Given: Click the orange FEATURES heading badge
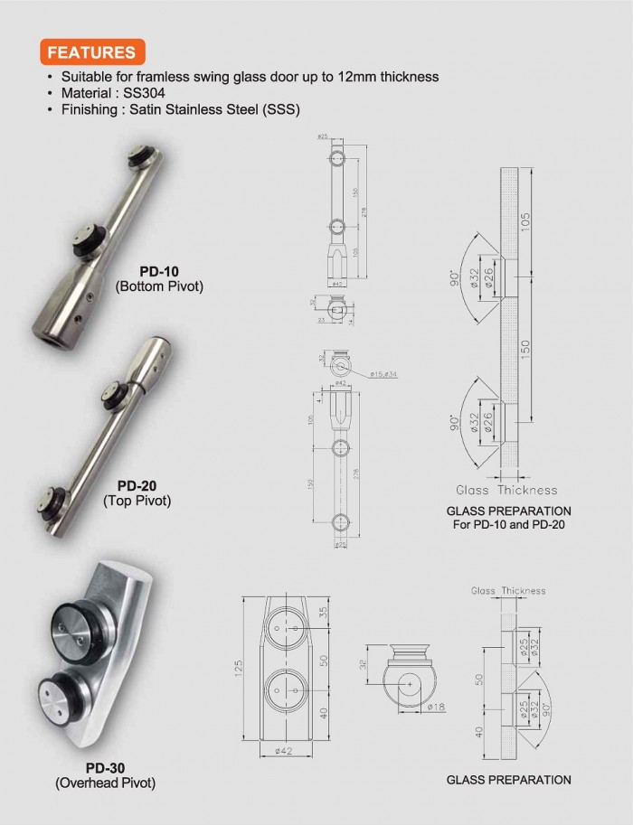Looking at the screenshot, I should tap(90, 52).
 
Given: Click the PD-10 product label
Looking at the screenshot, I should tap(159, 271).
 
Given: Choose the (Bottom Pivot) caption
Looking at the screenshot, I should tap(159, 286).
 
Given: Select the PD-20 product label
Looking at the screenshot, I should tap(137, 485).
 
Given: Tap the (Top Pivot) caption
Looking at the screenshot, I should tap(137, 501).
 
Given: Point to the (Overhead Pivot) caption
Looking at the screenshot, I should tap(105, 783).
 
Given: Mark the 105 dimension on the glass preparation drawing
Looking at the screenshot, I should tap(551, 211).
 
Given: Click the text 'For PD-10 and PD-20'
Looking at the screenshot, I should tap(508, 523).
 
